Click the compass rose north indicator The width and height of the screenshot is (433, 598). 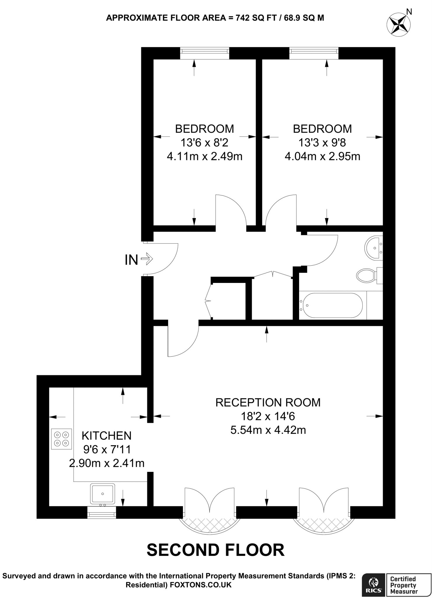399,24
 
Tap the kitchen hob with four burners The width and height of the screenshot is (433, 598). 62,439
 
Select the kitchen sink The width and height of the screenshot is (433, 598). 102,494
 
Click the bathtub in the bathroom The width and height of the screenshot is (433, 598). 332,305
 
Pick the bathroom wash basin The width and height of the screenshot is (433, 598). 373,248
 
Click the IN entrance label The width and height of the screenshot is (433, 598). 131,260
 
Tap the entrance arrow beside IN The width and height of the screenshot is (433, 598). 147,259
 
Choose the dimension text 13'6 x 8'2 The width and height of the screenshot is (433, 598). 204,143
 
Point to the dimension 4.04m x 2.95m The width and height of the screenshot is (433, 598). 322,157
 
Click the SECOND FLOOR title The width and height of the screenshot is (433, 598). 216,550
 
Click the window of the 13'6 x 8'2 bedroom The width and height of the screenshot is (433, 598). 205,53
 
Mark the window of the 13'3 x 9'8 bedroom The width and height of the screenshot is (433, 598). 314,53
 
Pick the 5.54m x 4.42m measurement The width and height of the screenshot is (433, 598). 268,430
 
